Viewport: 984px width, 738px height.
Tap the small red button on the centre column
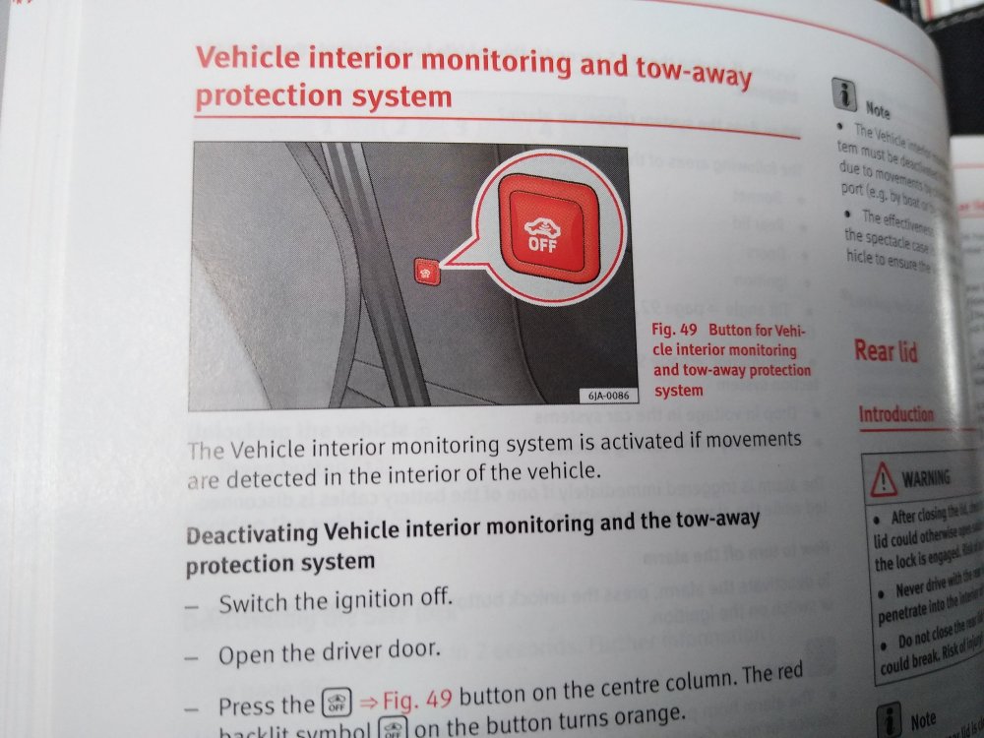pyautogui.click(x=425, y=270)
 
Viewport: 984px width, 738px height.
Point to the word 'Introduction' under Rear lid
pyautogui.click(x=895, y=414)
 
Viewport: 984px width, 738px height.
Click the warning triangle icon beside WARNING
pyautogui.click(x=884, y=478)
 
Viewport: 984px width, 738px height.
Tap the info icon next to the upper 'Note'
pyautogui.click(x=844, y=94)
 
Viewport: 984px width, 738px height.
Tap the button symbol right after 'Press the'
pyautogui.click(x=333, y=705)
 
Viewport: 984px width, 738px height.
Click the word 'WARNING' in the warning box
pyautogui.click(x=926, y=478)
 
